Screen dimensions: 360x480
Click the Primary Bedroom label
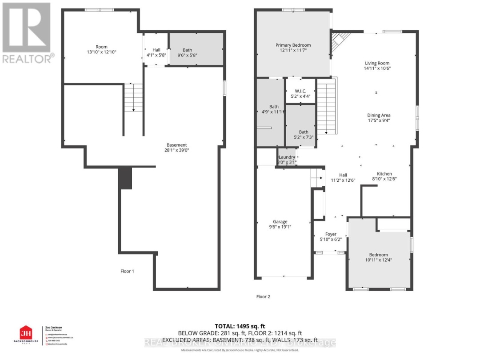pyautogui.click(x=293, y=45)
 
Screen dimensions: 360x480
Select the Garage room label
pyautogui.click(x=280, y=222)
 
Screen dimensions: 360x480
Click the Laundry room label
pyautogui.click(x=287, y=157)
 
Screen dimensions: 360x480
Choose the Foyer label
pyautogui.click(x=331, y=234)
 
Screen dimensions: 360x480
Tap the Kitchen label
pyautogui.click(x=384, y=174)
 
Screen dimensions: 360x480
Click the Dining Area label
pyautogui.click(x=378, y=115)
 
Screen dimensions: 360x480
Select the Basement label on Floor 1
pyautogui.click(x=177, y=145)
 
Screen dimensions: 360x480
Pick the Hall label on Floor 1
pyautogui.click(x=156, y=50)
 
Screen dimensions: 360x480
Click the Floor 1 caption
pyautogui.click(x=127, y=271)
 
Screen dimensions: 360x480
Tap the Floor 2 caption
pyautogui.click(x=263, y=296)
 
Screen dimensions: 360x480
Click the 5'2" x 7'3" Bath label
pyautogui.click(x=304, y=132)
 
